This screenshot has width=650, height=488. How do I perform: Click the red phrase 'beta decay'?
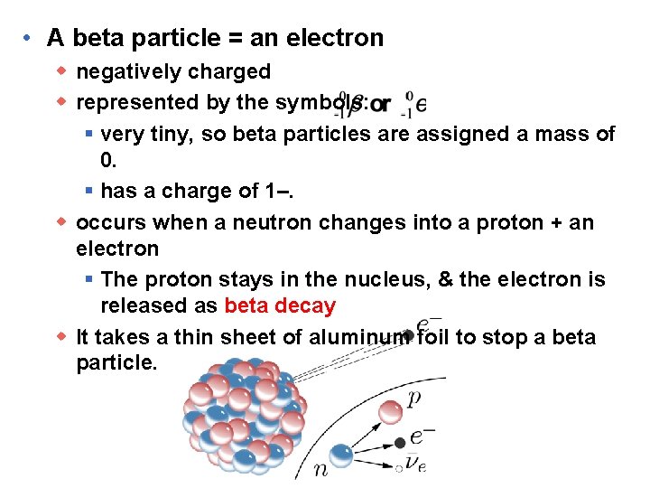tap(280, 305)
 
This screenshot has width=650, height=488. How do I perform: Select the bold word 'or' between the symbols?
tap(380, 104)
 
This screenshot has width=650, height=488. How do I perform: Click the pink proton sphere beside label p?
tap(390, 412)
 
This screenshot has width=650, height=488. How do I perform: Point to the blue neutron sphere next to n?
tap(341, 455)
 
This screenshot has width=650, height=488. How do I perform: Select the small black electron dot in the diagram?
tap(400, 443)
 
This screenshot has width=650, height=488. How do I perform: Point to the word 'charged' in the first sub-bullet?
tap(228, 71)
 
